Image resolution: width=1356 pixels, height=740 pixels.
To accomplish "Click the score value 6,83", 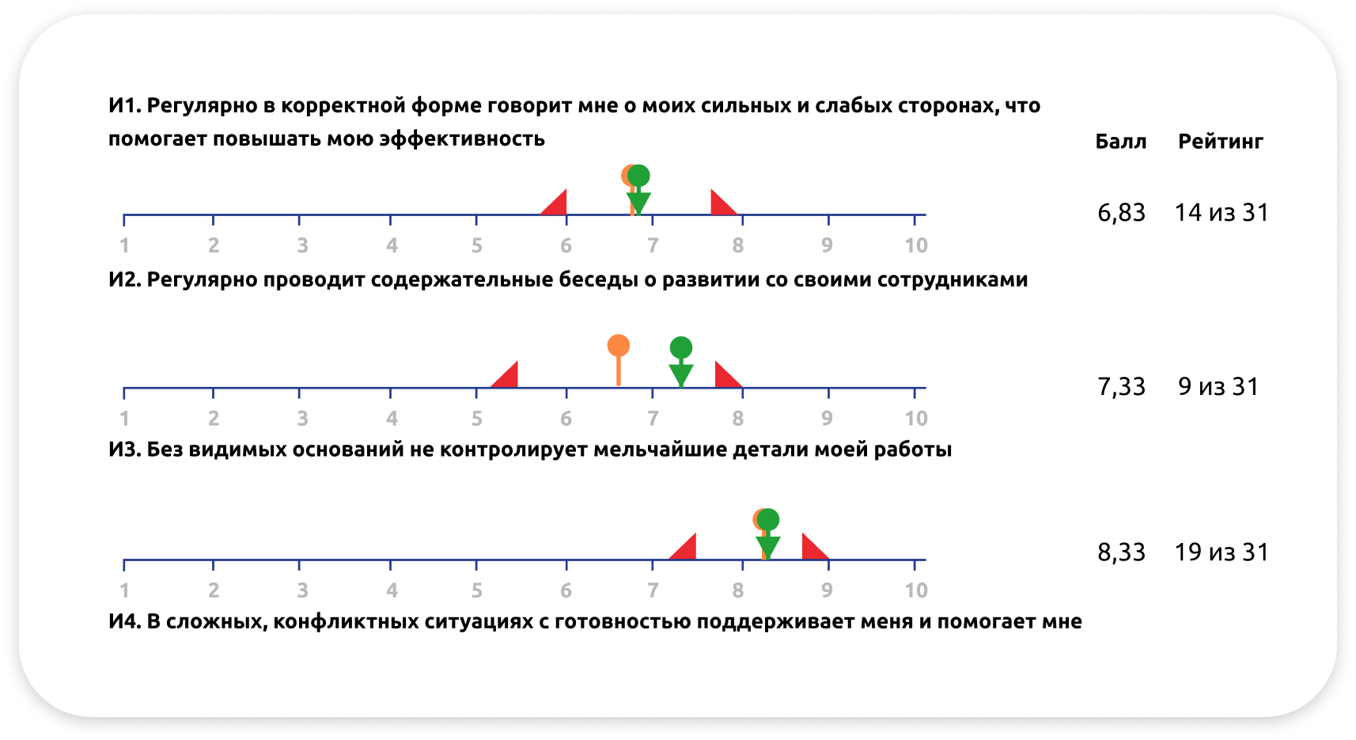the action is pyautogui.click(x=1121, y=213).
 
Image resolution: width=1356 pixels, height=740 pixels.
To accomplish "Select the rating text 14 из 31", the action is pyautogui.click(x=1221, y=213).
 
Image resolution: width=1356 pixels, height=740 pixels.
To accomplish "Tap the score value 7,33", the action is pyautogui.click(x=1121, y=387).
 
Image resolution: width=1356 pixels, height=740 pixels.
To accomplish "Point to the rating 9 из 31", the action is pyautogui.click(x=1218, y=386).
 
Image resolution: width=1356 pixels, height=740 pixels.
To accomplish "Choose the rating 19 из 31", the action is pyautogui.click(x=1221, y=552).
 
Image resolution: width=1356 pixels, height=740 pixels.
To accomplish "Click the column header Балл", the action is pyautogui.click(x=1120, y=142).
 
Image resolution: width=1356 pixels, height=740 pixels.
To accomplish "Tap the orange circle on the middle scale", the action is pyautogui.click(x=618, y=345).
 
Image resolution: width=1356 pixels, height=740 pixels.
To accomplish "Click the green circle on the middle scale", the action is pyautogui.click(x=681, y=347).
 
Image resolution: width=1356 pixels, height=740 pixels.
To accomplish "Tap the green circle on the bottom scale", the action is pyautogui.click(x=767, y=519).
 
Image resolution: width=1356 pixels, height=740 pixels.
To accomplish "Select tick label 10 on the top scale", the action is pyautogui.click(x=916, y=245).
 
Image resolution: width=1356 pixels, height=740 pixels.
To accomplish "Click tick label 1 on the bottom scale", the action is pyautogui.click(x=124, y=590).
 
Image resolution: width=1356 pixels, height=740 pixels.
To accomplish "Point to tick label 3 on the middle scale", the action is pyautogui.click(x=303, y=419).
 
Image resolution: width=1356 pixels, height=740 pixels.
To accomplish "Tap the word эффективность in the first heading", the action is pyautogui.click(x=462, y=139).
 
